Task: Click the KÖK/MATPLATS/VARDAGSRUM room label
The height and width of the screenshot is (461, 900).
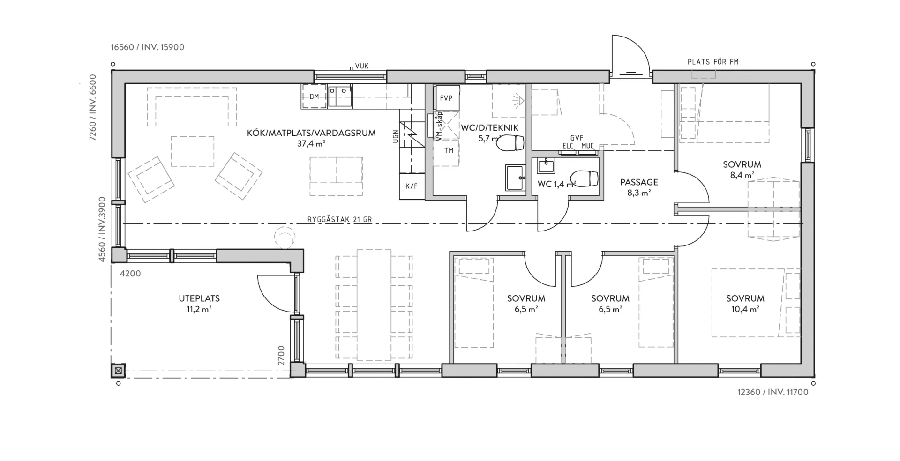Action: (311, 133)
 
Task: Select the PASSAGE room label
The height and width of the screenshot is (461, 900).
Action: (639, 182)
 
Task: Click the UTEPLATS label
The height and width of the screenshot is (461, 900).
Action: (199, 298)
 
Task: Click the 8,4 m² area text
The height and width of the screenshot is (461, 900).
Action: (742, 175)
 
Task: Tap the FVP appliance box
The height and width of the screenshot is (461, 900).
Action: (446, 98)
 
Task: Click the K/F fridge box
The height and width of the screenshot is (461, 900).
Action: (412, 186)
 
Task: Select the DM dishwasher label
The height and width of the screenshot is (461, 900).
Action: (314, 97)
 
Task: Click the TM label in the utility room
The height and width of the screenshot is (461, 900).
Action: (449, 150)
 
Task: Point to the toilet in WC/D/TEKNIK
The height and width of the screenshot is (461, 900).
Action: (510, 143)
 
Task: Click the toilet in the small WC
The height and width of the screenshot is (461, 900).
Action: (584, 178)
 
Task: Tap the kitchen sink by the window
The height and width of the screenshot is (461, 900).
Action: (340, 96)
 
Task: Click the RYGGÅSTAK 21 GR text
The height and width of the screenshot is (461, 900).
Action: (340, 219)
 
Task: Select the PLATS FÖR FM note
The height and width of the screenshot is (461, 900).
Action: (713, 62)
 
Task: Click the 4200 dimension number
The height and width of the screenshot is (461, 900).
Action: (130, 274)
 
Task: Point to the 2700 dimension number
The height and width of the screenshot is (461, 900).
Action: (281, 356)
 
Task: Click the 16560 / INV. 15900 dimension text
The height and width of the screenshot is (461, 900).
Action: (148, 47)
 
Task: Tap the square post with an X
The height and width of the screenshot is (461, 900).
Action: (118, 371)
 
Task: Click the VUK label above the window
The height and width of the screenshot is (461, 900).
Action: (361, 66)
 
